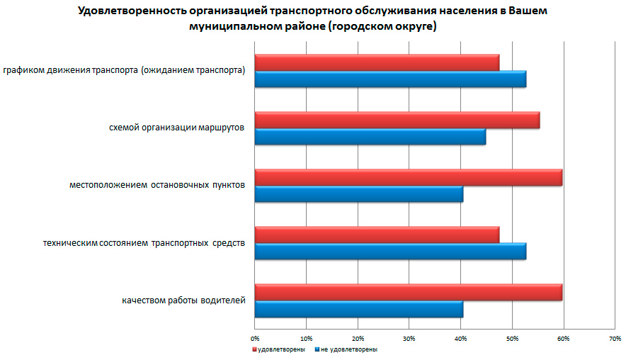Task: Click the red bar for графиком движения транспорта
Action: (377, 62)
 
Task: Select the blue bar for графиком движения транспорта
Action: (390, 79)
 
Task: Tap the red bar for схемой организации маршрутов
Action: (397, 120)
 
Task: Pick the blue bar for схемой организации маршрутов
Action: (370, 137)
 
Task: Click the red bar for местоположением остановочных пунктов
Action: (408, 177)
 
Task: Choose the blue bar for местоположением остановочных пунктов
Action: (358, 194)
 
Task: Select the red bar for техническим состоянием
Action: (377, 235)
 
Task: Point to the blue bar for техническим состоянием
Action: (390, 252)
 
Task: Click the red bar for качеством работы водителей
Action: (408, 292)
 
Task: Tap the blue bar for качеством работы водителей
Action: (358, 309)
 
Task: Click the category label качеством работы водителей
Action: (183, 300)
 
